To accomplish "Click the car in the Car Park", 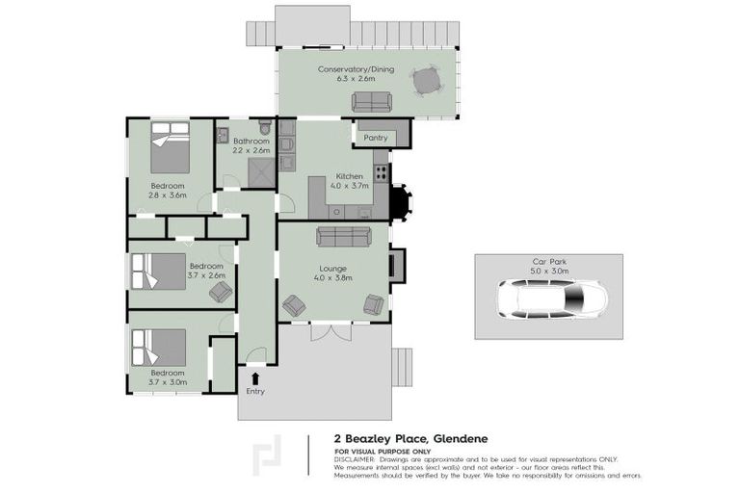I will pyautogui.click(x=547, y=300).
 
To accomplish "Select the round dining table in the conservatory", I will pyautogui.click(x=425, y=84).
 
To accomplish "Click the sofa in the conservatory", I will pyautogui.click(x=370, y=101).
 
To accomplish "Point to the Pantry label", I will pyautogui.click(x=375, y=138).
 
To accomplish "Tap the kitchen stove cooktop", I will pyautogui.click(x=382, y=173).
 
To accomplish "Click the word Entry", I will pyautogui.click(x=254, y=391).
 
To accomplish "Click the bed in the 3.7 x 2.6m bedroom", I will pyautogui.click(x=158, y=272).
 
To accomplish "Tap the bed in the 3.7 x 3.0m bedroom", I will pyautogui.click(x=159, y=347).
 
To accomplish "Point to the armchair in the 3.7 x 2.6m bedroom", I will pyautogui.click(x=221, y=291).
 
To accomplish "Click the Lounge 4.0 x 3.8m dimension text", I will pyautogui.click(x=332, y=278).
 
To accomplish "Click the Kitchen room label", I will pyautogui.click(x=349, y=176).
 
